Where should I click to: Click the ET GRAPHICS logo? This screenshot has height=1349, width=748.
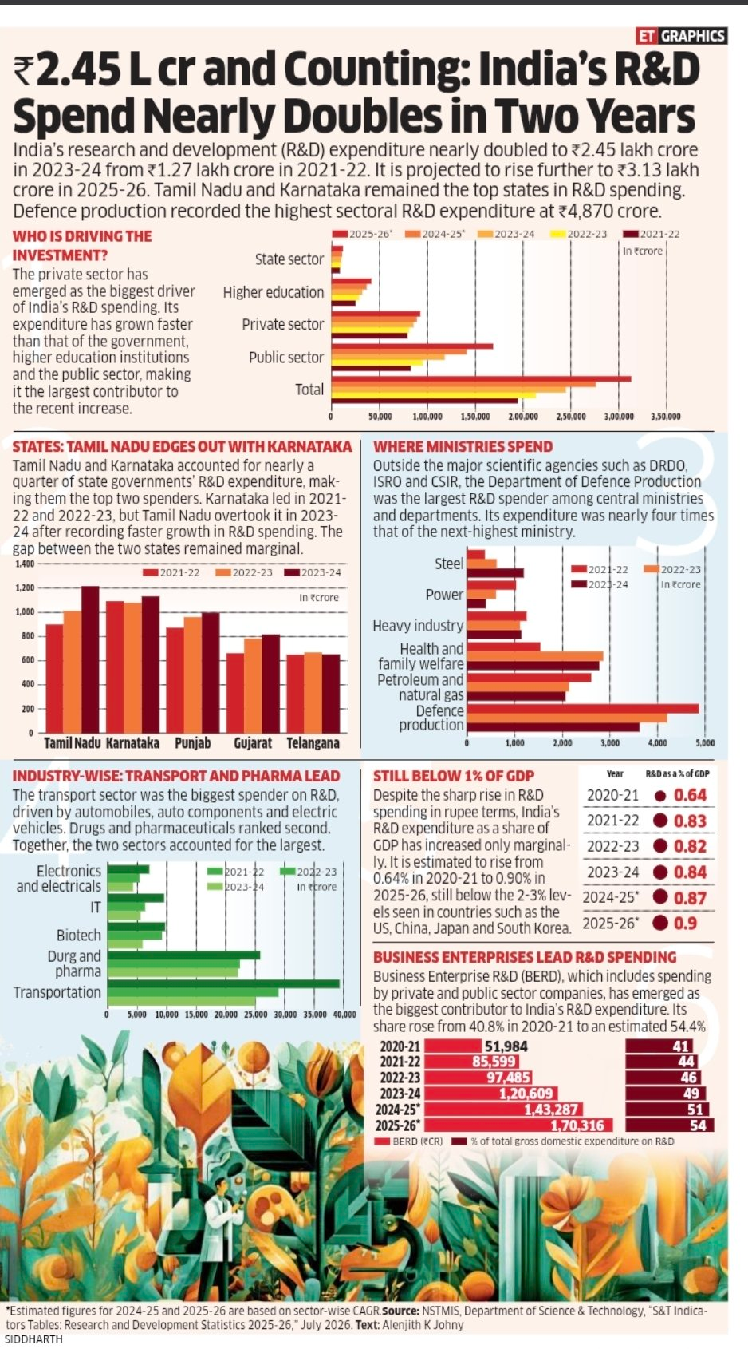pyautogui.click(x=681, y=36)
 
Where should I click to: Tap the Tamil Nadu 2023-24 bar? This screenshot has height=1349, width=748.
pyautogui.click(x=90, y=659)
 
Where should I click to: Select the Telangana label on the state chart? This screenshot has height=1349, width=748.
pyautogui.click(x=313, y=742)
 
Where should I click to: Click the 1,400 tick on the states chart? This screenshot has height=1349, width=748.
pyautogui.click(x=26, y=564)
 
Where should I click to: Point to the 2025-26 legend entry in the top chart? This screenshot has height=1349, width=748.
pyautogui.click(x=363, y=234)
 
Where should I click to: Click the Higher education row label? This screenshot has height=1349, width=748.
pyautogui.click(x=274, y=292)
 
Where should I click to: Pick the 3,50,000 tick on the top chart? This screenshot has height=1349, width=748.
pyautogui.click(x=666, y=416)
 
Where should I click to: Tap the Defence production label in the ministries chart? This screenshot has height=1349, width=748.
pyautogui.click(x=431, y=718)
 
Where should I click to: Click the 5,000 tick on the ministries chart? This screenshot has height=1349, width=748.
pyautogui.click(x=705, y=743)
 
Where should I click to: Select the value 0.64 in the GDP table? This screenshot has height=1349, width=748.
pyautogui.click(x=690, y=795)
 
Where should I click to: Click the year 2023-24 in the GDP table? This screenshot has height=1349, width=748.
pyautogui.click(x=612, y=872)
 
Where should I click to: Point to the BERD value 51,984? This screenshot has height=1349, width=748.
pyautogui.click(x=506, y=1046)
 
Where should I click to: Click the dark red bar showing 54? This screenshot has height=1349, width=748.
pyautogui.click(x=670, y=1125)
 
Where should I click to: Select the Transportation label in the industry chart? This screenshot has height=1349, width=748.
pyautogui.click(x=57, y=992)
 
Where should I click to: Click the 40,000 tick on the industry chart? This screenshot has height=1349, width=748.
pyautogui.click(x=344, y=1015)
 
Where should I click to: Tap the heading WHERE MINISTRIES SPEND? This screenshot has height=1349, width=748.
pyautogui.click(x=463, y=446)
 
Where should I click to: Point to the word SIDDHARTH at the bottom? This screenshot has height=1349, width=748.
pyautogui.click(x=33, y=1339)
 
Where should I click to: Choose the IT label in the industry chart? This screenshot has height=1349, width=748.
pyautogui.click(x=96, y=907)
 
